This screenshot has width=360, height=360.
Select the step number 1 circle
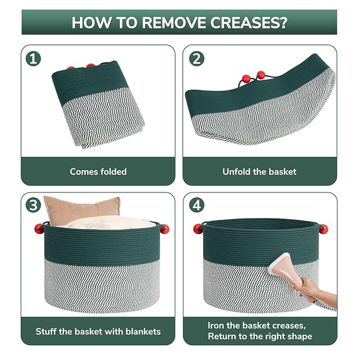(x=33, y=59)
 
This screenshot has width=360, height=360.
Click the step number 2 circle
(x=197, y=59)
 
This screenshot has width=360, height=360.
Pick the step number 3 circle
(x=33, y=205)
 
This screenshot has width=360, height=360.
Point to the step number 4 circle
(x=197, y=205)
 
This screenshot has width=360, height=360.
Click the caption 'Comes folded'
(x=98, y=172)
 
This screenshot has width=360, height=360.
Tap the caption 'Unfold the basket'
(x=259, y=172)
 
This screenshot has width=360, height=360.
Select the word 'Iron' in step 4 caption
(x=216, y=326)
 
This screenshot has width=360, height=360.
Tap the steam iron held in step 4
(x=285, y=270)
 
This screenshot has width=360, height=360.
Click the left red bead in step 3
(x=39, y=229)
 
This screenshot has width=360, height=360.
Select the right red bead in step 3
(x=164, y=229)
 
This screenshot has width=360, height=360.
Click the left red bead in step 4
(x=198, y=229)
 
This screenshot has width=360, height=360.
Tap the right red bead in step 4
(x=323, y=229)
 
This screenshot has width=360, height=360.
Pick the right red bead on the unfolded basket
(x=261, y=75)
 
